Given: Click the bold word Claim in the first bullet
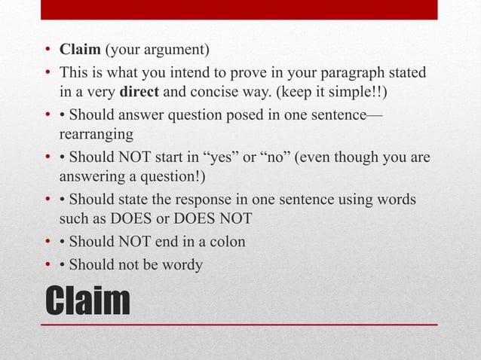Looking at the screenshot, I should tap(80, 50).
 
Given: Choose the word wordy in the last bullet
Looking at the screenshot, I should tap(184, 265).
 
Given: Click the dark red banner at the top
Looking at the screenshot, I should tap(240, 9).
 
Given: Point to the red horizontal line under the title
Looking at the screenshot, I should tap(240, 324).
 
